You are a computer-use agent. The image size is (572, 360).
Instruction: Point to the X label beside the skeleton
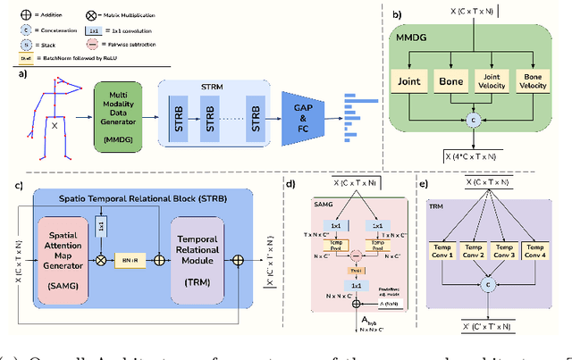click(56, 127)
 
